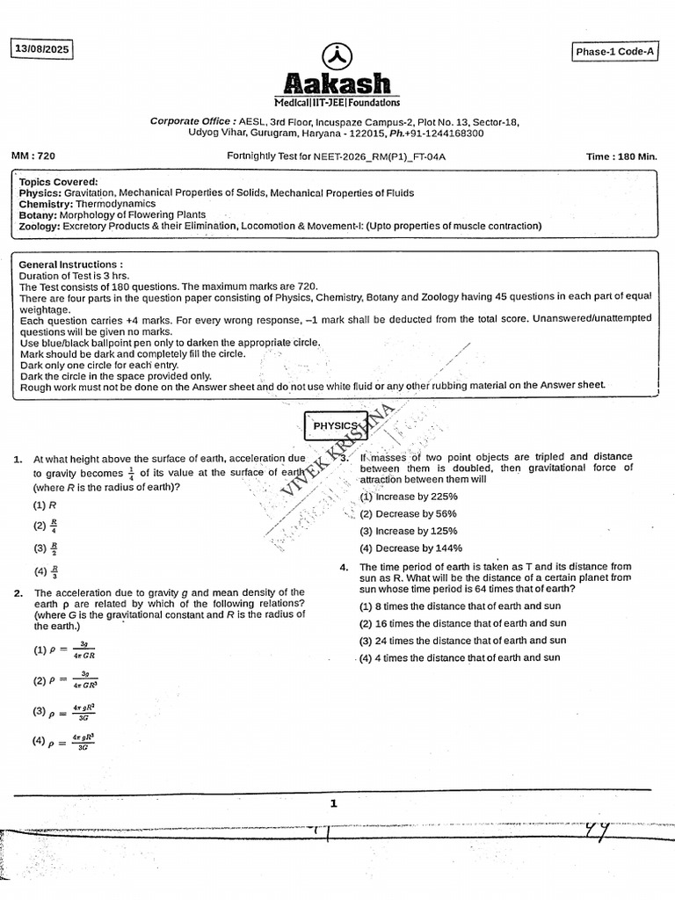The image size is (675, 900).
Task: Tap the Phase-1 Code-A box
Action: click(614, 53)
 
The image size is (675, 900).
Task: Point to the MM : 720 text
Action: click(33, 156)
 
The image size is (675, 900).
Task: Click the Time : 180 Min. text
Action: click(621, 156)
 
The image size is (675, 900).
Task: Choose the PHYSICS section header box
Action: click(336, 425)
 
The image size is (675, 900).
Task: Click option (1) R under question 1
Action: click(45, 505)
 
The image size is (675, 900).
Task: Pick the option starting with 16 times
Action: click(461, 624)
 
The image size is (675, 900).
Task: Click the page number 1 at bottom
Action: click(334, 802)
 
